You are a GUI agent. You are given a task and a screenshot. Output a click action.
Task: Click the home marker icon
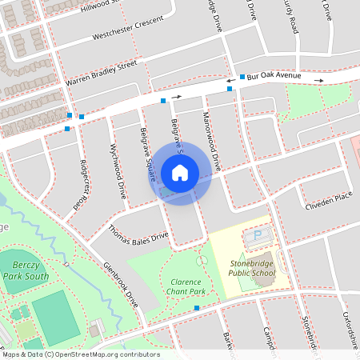180,172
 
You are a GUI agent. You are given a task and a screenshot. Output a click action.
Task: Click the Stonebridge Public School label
252,267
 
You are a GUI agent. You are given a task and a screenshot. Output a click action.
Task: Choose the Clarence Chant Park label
188,286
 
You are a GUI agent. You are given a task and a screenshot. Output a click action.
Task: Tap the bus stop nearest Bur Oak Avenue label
242,77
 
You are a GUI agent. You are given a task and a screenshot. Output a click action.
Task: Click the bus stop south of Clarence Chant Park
197,307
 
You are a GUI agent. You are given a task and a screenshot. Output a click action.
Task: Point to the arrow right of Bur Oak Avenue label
318,81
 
